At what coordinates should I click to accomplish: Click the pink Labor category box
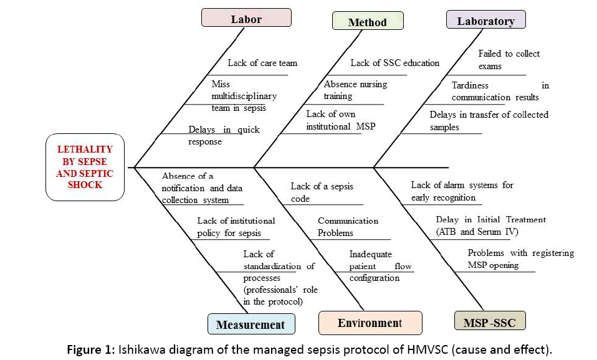click(x=246, y=18)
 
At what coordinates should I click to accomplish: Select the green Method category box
click(x=367, y=22)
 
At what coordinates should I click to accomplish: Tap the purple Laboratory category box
click(x=485, y=21)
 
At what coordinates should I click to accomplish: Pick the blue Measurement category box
click(x=251, y=324)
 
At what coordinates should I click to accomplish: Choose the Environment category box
click(x=370, y=323)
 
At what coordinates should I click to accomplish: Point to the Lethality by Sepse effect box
click(x=85, y=167)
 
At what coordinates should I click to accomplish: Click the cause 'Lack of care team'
click(x=262, y=63)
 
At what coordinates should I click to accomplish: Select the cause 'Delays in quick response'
click(x=224, y=135)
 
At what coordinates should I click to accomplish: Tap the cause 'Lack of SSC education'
click(x=394, y=63)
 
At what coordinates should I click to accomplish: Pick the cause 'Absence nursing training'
click(x=355, y=90)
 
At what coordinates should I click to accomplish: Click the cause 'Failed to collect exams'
click(x=509, y=60)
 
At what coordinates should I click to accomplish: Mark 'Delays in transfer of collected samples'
click(x=489, y=120)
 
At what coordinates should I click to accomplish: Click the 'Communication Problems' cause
click(x=348, y=227)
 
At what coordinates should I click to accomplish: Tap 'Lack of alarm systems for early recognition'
click(x=462, y=191)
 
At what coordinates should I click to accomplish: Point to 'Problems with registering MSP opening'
click(x=520, y=258)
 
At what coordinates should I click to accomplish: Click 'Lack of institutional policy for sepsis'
click(x=236, y=227)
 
